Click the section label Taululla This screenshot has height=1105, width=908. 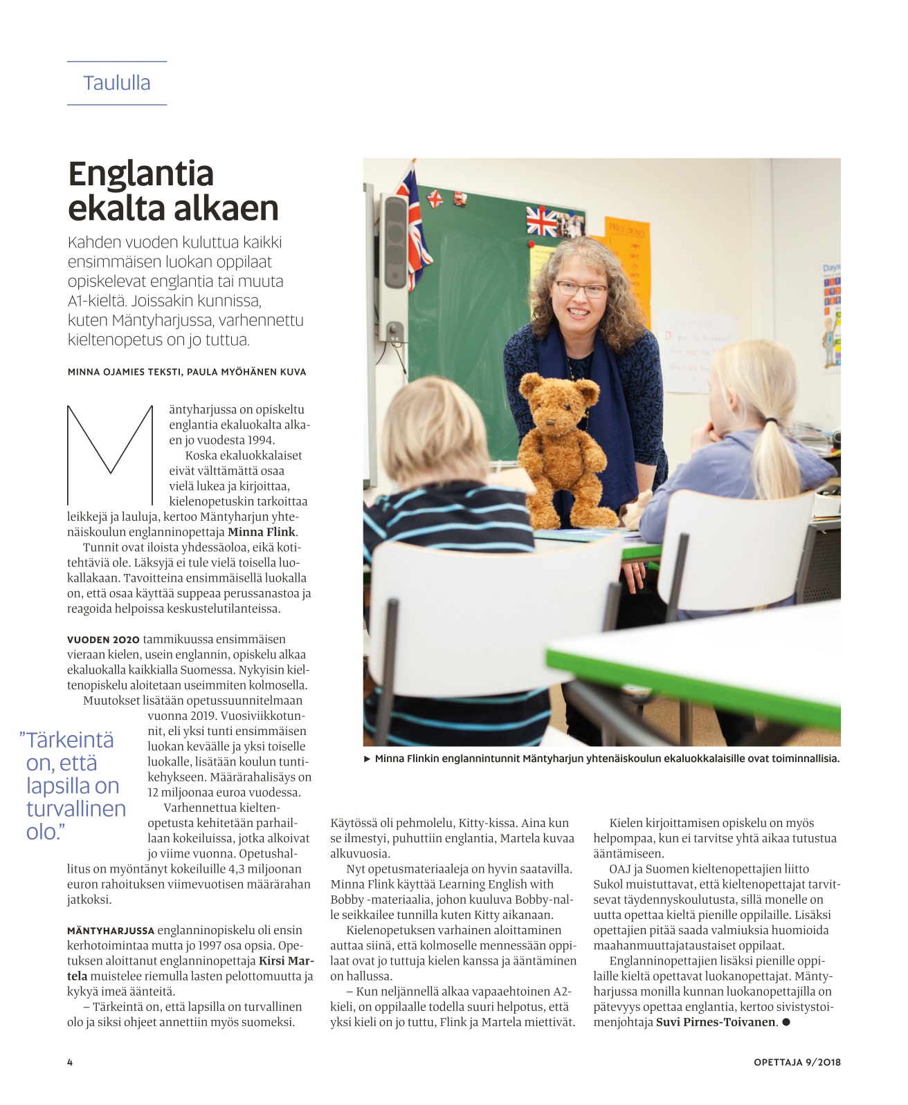tap(116, 83)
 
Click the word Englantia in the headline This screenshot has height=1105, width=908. tap(140, 174)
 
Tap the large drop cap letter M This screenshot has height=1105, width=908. tap(110, 454)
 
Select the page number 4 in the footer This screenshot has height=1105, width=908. tap(70, 1062)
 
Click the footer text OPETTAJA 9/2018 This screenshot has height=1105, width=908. tap(797, 1062)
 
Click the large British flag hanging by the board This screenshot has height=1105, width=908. tap(413, 221)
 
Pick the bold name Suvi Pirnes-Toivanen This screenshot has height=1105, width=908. tap(716, 1022)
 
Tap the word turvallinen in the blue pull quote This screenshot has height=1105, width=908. tap(76, 809)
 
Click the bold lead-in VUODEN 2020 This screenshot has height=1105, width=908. tap(103, 640)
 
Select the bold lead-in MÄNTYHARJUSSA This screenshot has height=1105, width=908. tap(111, 931)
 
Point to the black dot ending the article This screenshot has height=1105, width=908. tap(786, 1022)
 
